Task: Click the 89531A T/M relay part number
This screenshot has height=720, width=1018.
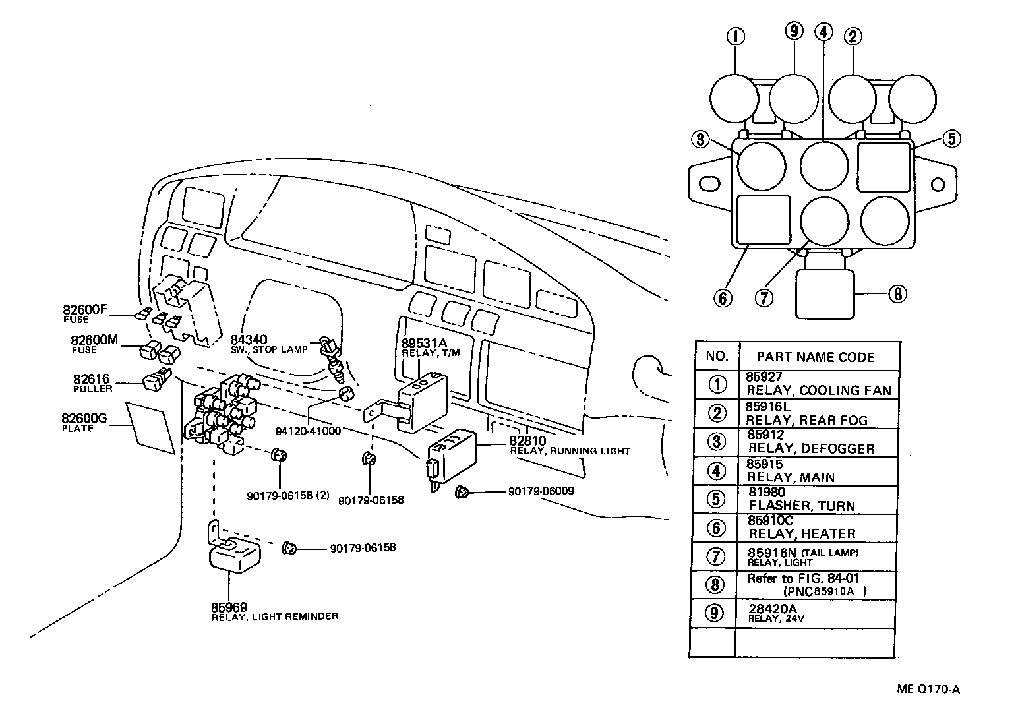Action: click(x=424, y=343)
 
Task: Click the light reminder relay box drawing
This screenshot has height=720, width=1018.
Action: click(x=234, y=554)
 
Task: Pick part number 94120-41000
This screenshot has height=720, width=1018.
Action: click(x=309, y=431)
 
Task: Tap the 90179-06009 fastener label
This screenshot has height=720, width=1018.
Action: click(x=541, y=491)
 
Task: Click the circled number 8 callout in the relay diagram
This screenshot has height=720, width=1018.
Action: click(x=897, y=293)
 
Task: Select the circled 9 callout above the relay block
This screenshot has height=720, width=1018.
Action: click(x=793, y=31)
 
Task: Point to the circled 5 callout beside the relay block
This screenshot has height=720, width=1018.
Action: click(x=951, y=138)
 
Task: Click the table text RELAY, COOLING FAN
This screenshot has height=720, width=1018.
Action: click(x=818, y=390)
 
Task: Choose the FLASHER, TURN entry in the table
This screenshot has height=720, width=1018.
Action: click(x=802, y=506)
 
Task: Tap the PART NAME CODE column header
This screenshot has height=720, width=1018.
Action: click(x=815, y=357)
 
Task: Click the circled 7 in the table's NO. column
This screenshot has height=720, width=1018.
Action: click(x=715, y=556)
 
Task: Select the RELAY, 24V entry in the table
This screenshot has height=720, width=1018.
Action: click(x=776, y=619)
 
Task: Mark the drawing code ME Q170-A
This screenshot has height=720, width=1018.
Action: click(x=928, y=690)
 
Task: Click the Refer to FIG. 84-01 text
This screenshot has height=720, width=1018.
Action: click(x=803, y=579)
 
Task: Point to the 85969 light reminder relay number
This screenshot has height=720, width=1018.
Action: click(x=229, y=607)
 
